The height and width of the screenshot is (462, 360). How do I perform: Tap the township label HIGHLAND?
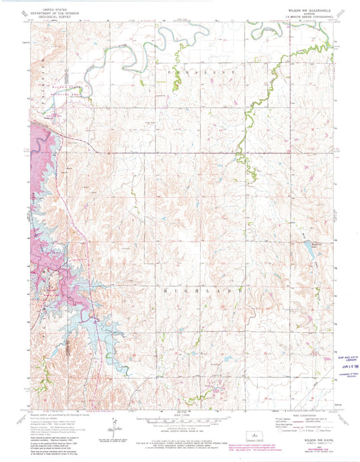(202, 290)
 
